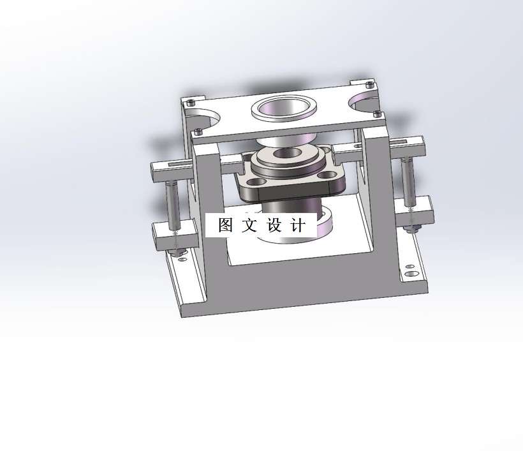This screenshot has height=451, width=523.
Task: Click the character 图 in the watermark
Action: coord(225,225)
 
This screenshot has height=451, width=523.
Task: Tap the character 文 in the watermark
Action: coord(249,225)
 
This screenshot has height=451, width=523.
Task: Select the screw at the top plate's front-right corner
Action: coord(378,115)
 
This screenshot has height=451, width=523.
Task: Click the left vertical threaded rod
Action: coord(172,204)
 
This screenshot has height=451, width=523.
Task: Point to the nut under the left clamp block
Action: coord(177,250)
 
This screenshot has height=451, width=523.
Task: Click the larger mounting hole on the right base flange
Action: coord(409,273)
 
